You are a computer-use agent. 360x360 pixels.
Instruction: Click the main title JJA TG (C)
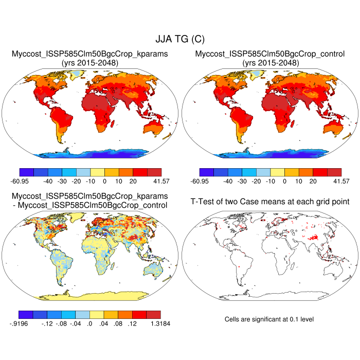point(179,39)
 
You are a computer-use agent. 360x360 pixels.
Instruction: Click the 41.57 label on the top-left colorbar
point(154,182)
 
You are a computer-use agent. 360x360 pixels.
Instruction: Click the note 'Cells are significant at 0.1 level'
point(269,319)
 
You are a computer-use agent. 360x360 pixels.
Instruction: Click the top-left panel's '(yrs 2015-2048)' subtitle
point(89,63)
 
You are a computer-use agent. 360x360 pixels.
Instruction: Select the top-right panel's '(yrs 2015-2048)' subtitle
point(269,63)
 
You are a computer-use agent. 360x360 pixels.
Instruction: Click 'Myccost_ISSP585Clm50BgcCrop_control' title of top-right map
point(269,53)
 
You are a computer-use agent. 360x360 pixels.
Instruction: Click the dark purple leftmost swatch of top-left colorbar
point(26,172)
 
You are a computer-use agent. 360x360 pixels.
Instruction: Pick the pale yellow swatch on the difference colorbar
point(97,314)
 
